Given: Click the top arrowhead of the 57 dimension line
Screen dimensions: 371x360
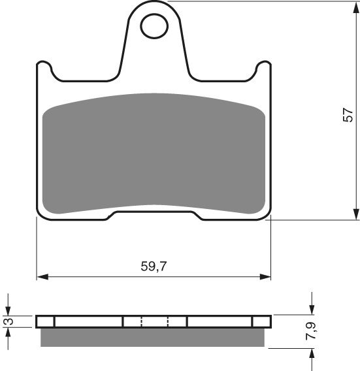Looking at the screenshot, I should point(356,8).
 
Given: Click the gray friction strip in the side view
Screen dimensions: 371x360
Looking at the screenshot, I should point(154,336).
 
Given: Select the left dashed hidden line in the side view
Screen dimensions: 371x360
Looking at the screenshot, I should point(141,321).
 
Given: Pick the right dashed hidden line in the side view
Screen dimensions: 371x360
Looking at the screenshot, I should point(168,321).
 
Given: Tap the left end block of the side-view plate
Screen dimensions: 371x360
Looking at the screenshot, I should point(45,321).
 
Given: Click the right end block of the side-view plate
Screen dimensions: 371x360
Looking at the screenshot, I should point(261,321).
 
